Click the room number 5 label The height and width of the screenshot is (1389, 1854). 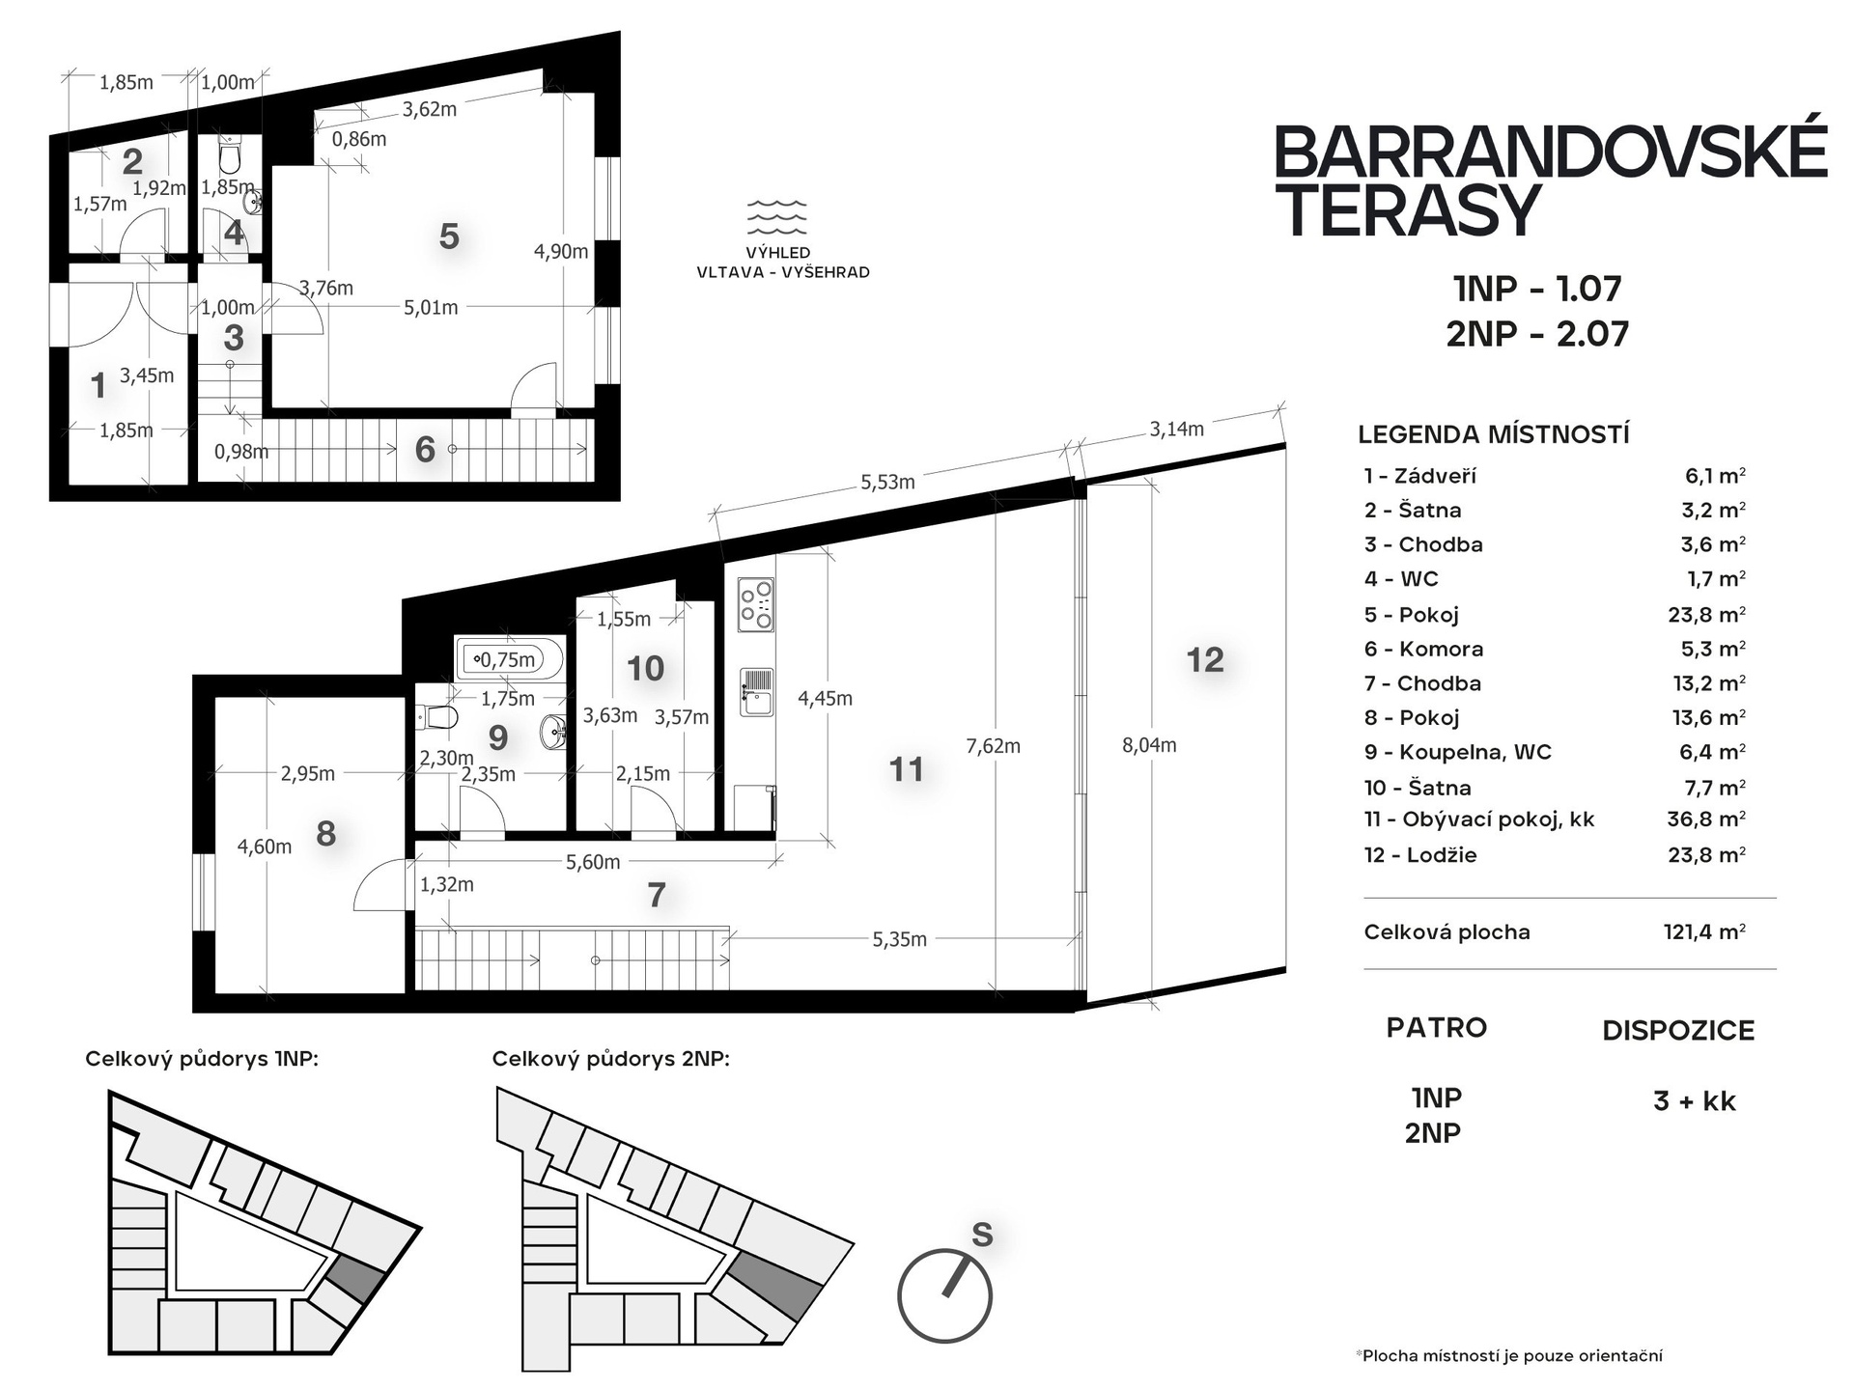(448, 236)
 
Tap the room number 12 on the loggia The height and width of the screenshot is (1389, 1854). (1204, 659)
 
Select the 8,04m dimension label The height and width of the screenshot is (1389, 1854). (1149, 744)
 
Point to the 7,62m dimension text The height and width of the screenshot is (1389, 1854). (993, 745)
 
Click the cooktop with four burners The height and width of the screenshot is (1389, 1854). (756, 604)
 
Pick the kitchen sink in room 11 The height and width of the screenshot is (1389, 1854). (757, 692)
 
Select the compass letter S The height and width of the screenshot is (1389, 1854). (982, 1235)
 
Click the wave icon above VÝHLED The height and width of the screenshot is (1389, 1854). (777, 218)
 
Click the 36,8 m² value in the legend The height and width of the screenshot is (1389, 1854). (1706, 820)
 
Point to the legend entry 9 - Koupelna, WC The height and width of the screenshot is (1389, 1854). (1457, 752)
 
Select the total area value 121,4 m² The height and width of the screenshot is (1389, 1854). (1704, 931)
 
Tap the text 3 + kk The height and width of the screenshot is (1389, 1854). (1694, 1100)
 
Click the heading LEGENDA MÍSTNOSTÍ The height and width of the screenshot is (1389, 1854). (1493, 434)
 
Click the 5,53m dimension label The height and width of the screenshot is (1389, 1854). (887, 482)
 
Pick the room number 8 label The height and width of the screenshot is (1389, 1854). (326, 833)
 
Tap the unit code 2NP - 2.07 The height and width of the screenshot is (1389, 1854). (1537, 333)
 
